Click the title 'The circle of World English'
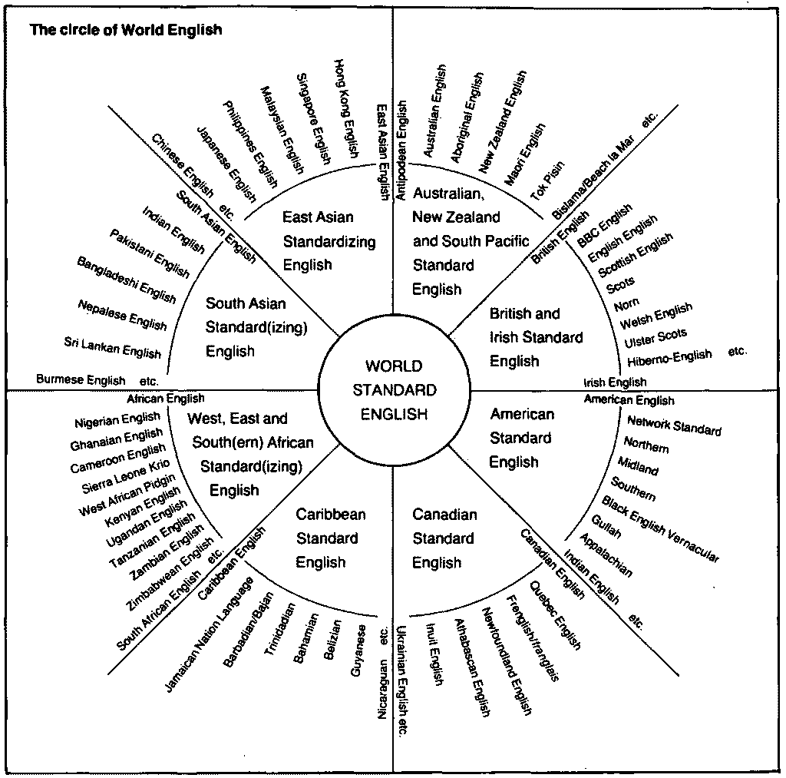point(125,31)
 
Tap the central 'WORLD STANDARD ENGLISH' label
point(394,390)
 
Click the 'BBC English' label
point(605,224)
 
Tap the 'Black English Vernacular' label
point(661,531)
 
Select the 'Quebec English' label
point(555,615)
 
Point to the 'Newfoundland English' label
point(507,660)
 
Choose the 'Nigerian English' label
point(117,420)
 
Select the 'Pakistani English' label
point(149,253)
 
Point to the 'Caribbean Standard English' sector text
point(331,538)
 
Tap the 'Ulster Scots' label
point(656,338)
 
